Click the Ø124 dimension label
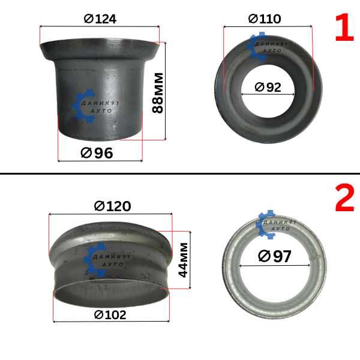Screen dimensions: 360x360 pyautogui.click(x=100, y=19)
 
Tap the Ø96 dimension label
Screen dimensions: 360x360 pyautogui.click(x=97, y=153)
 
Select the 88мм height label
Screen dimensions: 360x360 pyautogui.click(x=158, y=93)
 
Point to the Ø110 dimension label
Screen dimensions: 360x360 pyautogui.click(x=265, y=19)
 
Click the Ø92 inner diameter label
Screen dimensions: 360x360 pyautogui.click(x=268, y=87)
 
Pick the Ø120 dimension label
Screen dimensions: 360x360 pyautogui.click(x=113, y=206)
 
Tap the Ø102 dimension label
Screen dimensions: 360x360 pyautogui.click(x=110, y=315)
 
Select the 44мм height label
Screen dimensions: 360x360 pyautogui.click(x=183, y=260)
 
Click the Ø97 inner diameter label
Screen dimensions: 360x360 pyautogui.click(x=275, y=256)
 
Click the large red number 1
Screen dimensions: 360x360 pyautogui.click(x=344, y=28)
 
